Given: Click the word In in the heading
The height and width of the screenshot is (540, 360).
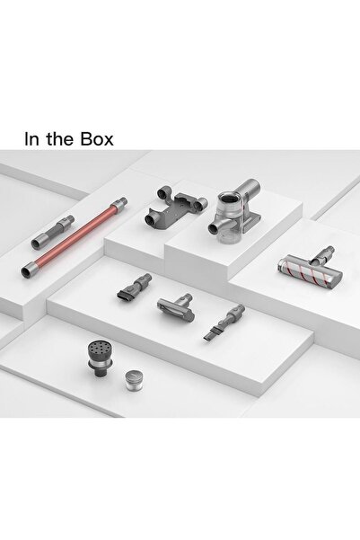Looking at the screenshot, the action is pyautogui.click(x=32, y=138).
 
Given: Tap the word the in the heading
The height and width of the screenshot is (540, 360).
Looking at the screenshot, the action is pyautogui.click(x=60, y=138).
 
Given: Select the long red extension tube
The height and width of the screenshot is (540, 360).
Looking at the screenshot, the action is pyautogui.click(x=74, y=237).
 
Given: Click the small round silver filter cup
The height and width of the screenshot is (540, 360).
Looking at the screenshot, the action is pyautogui.click(x=134, y=381).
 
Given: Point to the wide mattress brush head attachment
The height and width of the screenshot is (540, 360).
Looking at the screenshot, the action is pyautogui.click(x=176, y=305).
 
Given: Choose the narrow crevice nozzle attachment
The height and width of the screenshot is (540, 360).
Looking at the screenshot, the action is pyautogui.click(x=224, y=323).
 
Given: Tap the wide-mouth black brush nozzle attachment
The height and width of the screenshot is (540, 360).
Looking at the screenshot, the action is pyautogui.click(x=135, y=288).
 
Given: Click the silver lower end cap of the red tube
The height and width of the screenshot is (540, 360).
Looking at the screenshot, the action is pyautogui.click(x=29, y=270).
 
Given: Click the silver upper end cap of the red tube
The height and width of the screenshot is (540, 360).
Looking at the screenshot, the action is pyautogui.click(x=119, y=204).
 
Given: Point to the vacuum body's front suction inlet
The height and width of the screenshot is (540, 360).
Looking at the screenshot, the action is pyautogui.click(x=215, y=229).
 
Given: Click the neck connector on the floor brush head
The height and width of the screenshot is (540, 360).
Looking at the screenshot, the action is pyautogui.click(x=323, y=255).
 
